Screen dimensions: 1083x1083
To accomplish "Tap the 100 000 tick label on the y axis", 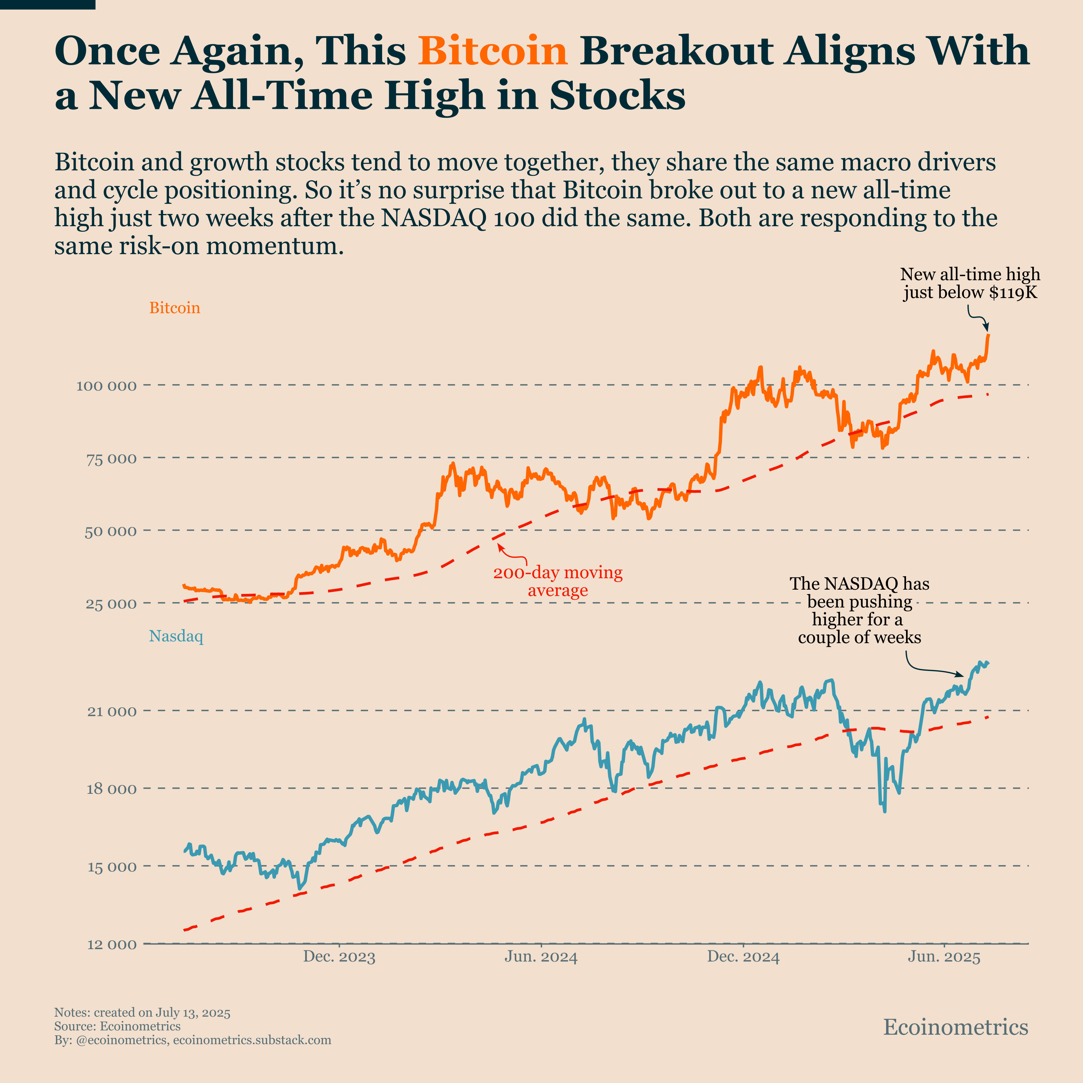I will [x=106, y=386].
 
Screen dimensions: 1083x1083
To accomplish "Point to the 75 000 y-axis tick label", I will [x=111, y=459].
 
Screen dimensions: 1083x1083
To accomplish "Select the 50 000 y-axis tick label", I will [x=111, y=531].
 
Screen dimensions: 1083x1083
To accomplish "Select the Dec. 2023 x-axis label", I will [x=339, y=957].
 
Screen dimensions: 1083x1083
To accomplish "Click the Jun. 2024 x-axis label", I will [x=541, y=957].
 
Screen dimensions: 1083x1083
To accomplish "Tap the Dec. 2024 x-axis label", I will [x=743, y=957].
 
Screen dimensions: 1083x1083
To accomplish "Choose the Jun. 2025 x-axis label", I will [x=945, y=957].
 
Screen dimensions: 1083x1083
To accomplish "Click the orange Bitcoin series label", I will [x=174, y=308].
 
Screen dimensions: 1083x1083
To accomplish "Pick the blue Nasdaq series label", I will [x=176, y=636].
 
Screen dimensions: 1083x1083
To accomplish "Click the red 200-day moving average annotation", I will [x=558, y=581].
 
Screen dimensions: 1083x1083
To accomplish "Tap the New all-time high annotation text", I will [x=970, y=283].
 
